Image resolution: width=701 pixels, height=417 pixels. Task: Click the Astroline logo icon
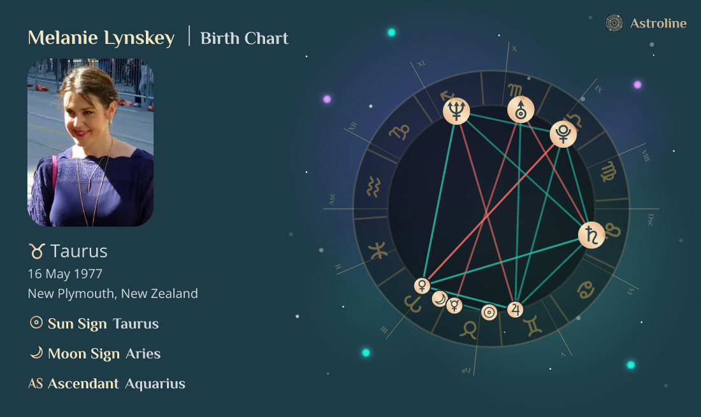coord(614,24)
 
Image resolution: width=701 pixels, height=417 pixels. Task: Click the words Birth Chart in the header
coord(244,38)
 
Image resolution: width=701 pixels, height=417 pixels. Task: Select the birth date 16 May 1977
coord(65,274)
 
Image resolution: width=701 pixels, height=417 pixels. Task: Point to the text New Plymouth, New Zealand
coord(113,293)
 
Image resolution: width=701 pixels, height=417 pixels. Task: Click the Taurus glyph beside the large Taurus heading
coord(36,251)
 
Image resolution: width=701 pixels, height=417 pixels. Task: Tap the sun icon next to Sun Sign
coord(36,323)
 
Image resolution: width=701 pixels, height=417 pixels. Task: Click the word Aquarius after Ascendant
coord(155,383)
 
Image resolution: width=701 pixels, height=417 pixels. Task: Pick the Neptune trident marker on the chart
coord(456,111)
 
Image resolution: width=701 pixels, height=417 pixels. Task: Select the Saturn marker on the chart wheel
coord(591,235)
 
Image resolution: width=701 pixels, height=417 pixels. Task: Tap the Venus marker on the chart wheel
coord(422,285)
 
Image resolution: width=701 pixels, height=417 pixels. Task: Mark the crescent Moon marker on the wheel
coord(439,299)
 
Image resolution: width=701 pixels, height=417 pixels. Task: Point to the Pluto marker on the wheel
coord(563,134)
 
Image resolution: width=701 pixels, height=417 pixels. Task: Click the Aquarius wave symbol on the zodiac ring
coord(374,187)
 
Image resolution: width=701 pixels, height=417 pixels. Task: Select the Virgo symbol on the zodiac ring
coord(609,172)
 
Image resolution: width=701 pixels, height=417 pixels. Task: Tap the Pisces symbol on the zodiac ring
coord(379,250)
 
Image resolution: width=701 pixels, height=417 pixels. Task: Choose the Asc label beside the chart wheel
coord(331,199)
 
